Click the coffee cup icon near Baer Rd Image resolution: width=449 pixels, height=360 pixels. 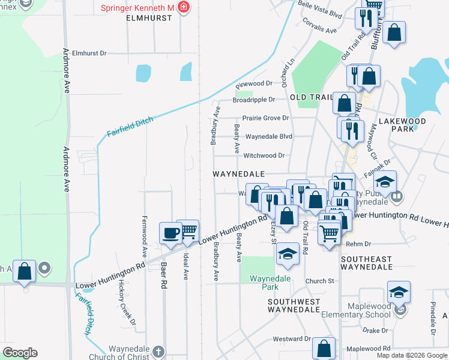[x=170, y=232]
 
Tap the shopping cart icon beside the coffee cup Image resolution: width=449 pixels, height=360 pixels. [x=188, y=230]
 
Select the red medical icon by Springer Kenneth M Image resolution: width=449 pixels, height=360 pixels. [x=183, y=8]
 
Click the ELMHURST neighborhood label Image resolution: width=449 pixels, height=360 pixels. [x=149, y=18]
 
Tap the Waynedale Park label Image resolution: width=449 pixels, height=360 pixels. [x=270, y=279]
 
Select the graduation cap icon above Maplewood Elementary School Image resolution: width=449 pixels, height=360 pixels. [x=399, y=292]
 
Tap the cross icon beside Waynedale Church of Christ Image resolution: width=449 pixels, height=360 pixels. [x=158, y=352]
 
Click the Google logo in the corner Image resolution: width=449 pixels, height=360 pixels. [x=20, y=353]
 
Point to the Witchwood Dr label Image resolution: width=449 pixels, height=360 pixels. [x=264, y=155]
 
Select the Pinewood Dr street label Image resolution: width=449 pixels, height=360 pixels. [x=255, y=84]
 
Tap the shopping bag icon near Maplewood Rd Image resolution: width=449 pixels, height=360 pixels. [x=324, y=348]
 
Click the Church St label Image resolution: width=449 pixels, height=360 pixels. [x=319, y=281]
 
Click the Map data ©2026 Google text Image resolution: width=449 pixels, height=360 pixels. [x=411, y=355]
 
